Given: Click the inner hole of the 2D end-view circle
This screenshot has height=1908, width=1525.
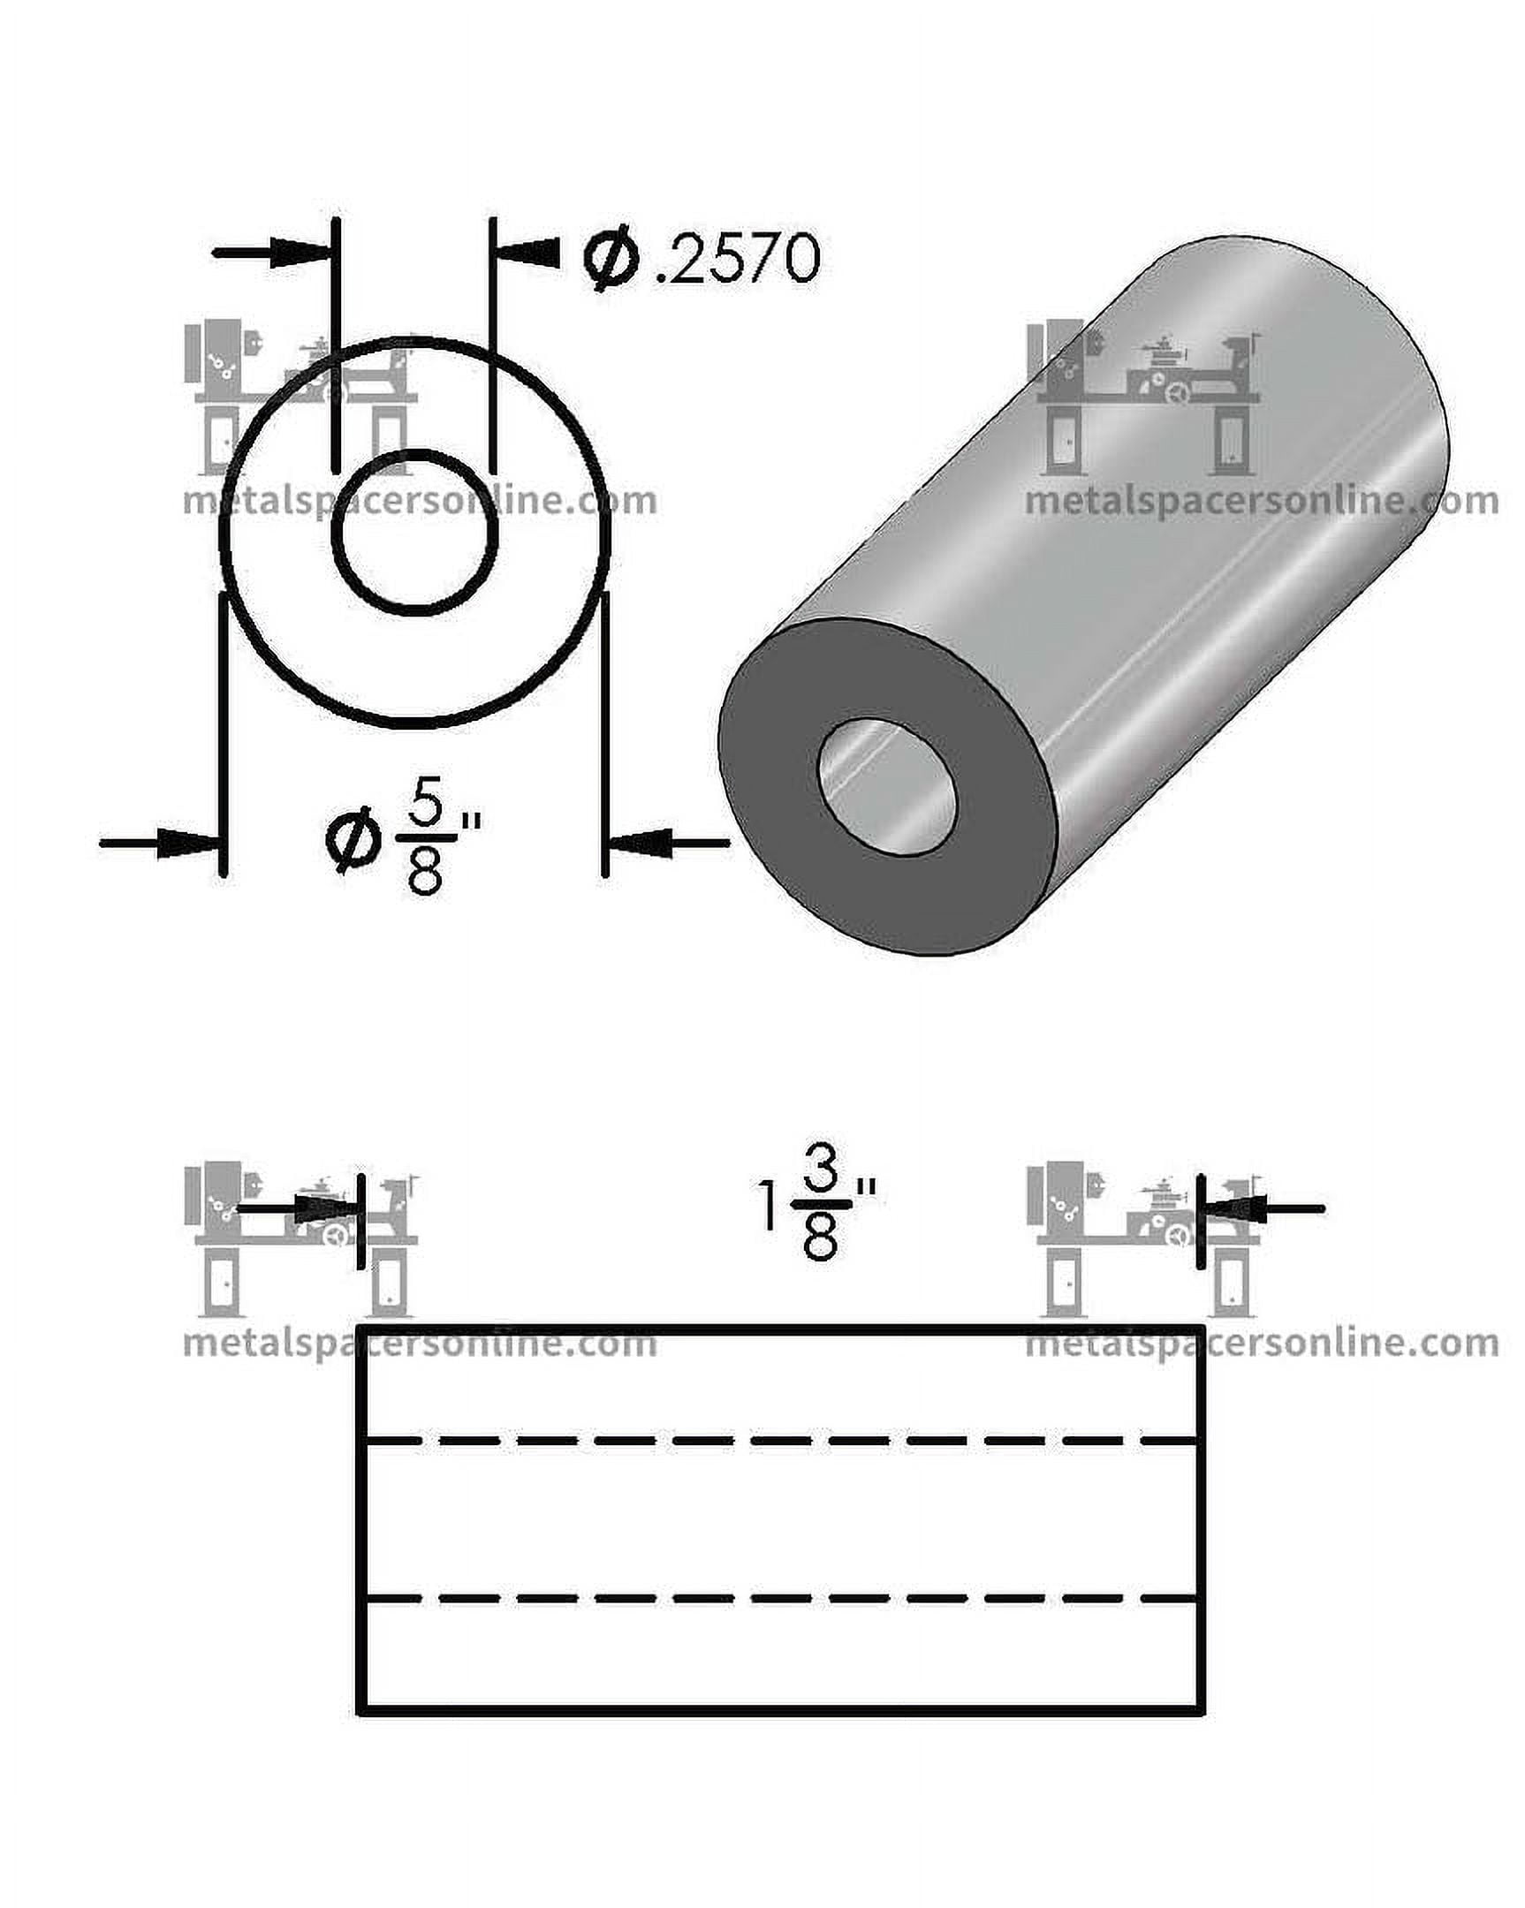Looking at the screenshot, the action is [x=415, y=531].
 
